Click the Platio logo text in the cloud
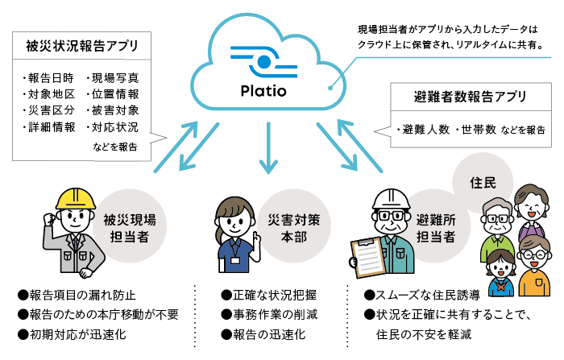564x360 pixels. pos(266,89)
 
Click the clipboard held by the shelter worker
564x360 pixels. pos(365,259)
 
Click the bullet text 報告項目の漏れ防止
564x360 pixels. pos(77,295)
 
